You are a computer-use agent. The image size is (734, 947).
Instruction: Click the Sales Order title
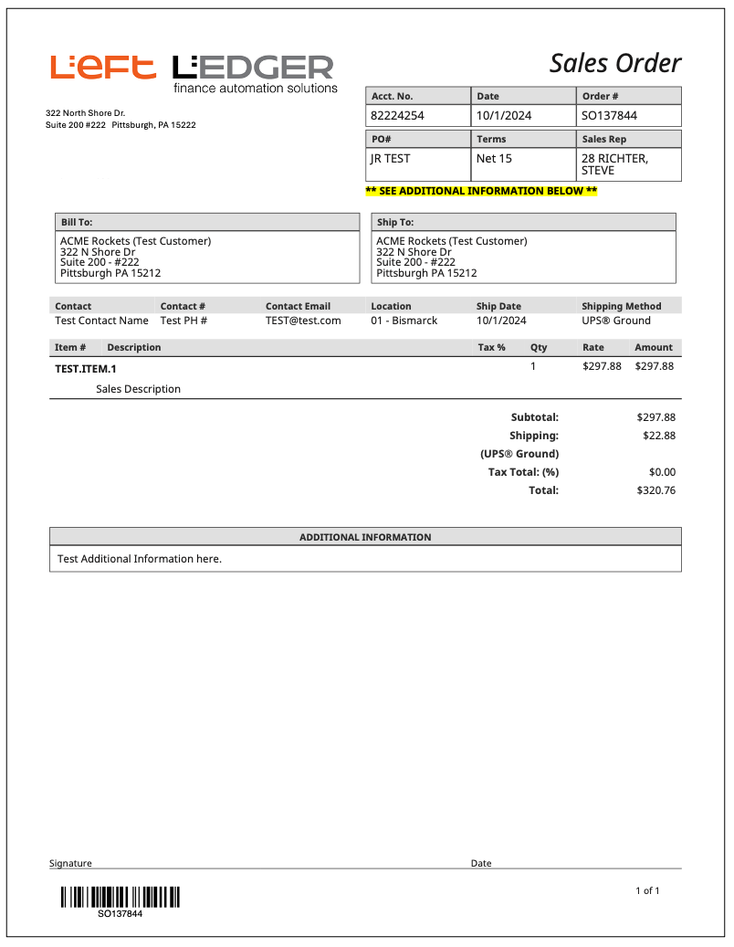[x=614, y=63]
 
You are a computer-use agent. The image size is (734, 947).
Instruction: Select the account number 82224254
[x=397, y=116]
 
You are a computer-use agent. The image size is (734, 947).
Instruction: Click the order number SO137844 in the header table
[x=609, y=116]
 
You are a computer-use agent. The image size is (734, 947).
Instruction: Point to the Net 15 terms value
[x=494, y=159]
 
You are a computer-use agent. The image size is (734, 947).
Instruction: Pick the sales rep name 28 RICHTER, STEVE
[x=614, y=164]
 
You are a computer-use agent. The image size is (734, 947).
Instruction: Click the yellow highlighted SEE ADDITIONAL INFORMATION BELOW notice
[x=481, y=192]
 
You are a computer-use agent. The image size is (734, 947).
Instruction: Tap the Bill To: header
[x=77, y=222]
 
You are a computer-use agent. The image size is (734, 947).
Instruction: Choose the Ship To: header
[x=394, y=222]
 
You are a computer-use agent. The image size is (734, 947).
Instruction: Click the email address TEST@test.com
[x=303, y=321]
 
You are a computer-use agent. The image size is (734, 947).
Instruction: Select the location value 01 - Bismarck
[x=404, y=321]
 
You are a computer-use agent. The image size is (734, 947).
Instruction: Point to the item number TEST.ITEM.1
[x=86, y=369]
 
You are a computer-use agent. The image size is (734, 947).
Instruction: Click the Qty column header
[x=539, y=348]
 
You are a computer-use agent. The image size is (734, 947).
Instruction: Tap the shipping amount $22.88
[x=659, y=436]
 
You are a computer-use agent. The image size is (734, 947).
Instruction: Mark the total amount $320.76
[x=655, y=490]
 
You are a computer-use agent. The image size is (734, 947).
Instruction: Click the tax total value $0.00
[x=662, y=472]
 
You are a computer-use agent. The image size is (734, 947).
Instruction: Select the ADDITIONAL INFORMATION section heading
[x=365, y=537]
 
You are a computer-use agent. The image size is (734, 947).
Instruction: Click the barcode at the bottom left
[x=120, y=897]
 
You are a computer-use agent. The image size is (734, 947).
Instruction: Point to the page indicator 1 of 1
[x=647, y=890]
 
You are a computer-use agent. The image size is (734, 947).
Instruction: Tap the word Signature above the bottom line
[x=70, y=863]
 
